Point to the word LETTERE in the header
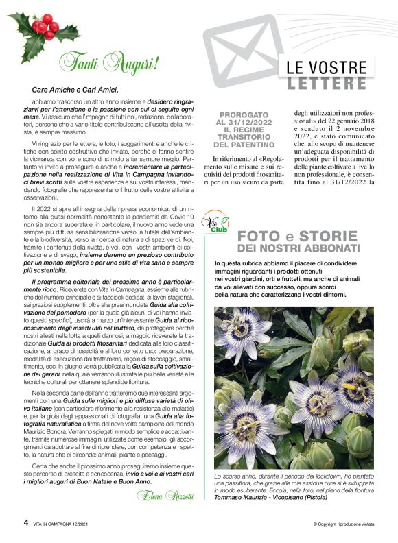pos(327,84)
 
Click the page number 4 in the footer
pos(16,523)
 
